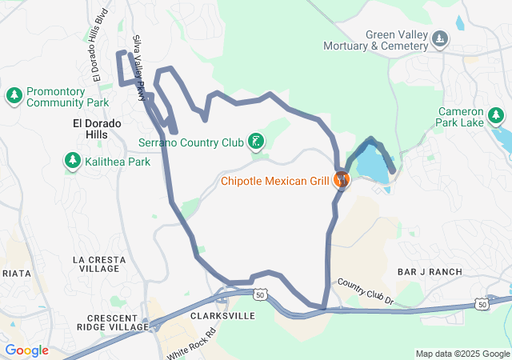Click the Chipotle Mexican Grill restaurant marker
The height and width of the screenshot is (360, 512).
[342, 179]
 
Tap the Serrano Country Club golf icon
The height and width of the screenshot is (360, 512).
[256, 142]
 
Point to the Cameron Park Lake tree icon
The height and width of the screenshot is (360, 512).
[496, 117]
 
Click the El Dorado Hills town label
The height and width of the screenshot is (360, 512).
[97, 130]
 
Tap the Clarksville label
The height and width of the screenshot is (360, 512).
[223, 316]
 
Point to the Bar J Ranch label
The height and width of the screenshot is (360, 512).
[430, 272]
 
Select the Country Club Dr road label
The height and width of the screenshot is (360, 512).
[366, 292]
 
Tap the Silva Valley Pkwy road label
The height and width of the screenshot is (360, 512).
[139, 67]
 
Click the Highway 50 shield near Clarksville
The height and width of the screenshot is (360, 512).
[261, 295]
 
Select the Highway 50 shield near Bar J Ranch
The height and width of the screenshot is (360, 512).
[480, 304]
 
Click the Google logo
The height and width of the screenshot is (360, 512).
[26, 350]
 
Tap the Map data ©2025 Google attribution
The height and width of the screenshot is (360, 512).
[462, 354]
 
